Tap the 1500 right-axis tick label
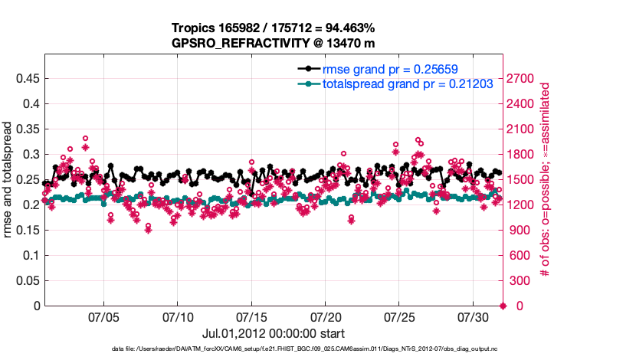525,179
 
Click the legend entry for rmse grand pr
391,68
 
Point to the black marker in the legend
309,68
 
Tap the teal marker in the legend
309,83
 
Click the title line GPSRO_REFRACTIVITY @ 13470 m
273,44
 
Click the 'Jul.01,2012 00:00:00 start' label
273,334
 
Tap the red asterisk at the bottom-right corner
503,306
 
